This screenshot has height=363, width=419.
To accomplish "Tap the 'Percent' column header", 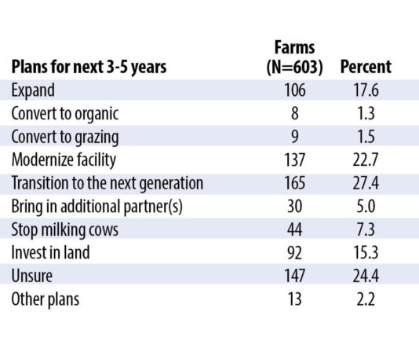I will coord(366,67).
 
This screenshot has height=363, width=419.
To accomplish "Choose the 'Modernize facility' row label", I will coord(64,159).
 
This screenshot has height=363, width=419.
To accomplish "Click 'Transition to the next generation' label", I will coord(107,183).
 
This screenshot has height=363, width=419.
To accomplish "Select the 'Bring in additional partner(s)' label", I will coord(98,207).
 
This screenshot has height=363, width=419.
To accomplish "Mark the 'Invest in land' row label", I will coord(50,253).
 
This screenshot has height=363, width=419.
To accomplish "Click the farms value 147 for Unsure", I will coord(297,277).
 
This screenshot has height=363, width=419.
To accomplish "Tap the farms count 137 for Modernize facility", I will coord(297,159).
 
